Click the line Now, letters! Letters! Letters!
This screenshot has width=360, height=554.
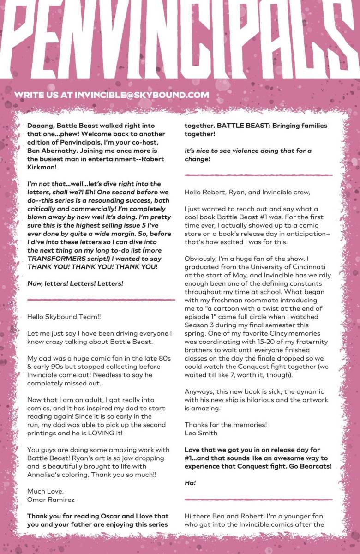pos(75,283)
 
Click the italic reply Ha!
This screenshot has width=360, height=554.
pos(190,483)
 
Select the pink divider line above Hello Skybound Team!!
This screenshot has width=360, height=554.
pos(101,300)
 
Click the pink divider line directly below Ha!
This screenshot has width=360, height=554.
pos(258,500)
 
